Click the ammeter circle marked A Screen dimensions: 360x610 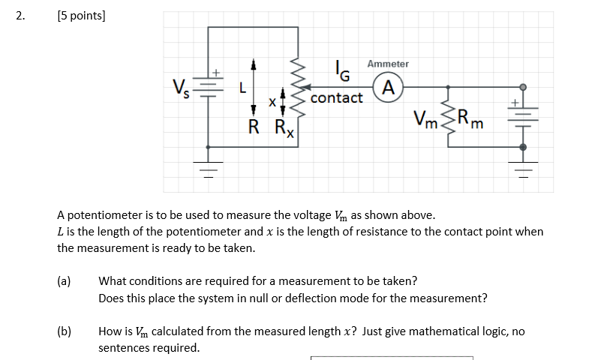(387, 88)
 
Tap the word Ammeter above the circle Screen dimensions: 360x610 (388, 64)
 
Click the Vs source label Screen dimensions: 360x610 (181, 88)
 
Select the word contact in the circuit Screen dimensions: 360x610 (336, 98)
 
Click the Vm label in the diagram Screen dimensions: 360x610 (426, 119)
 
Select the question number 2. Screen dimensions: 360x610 (20, 15)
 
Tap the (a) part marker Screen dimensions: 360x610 (64, 281)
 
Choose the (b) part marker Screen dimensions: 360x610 (64, 331)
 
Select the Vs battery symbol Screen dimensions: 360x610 (209, 86)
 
